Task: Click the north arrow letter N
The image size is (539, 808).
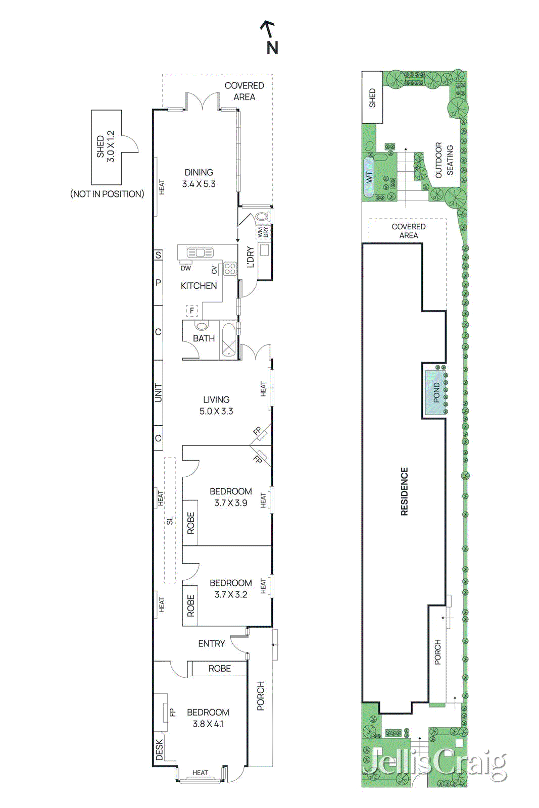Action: (272, 48)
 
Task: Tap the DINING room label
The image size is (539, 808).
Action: (199, 172)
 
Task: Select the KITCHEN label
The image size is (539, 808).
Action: (199, 286)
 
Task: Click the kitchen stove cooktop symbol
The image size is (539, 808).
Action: (230, 269)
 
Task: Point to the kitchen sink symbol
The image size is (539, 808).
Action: (200, 253)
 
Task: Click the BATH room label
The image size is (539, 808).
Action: (204, 338)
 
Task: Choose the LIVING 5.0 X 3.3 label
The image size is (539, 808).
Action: (216, 406)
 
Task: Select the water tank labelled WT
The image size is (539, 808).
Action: (369, 177)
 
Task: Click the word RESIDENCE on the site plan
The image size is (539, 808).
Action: (405, 491)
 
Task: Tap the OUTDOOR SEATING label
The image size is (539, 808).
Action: (444, 160)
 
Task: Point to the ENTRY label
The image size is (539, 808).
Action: (212, 643)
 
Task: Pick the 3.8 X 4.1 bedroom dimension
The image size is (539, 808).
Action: (208, 724)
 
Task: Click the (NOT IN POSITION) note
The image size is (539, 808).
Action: (107, 194)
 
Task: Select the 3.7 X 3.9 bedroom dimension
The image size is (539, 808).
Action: (230, 503)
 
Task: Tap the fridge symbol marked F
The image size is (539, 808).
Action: (192, 310)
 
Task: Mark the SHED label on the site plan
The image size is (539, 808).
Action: (372, 98)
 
